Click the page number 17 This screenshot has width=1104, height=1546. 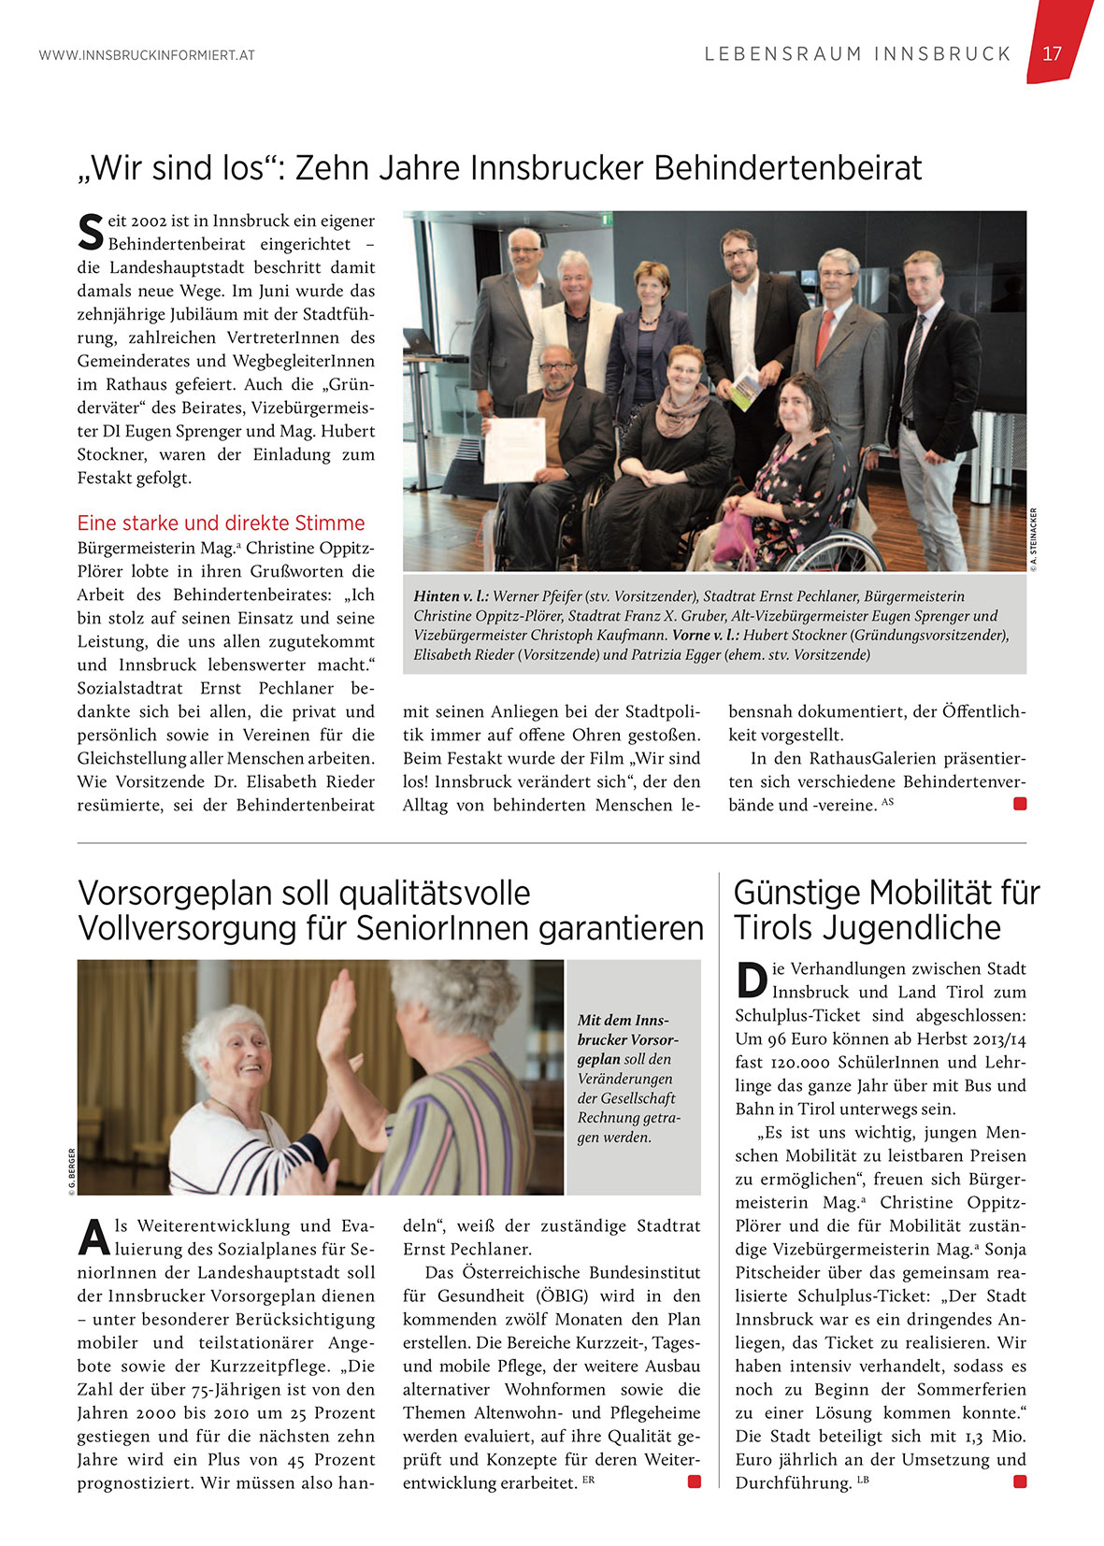click(x=1052, y=53)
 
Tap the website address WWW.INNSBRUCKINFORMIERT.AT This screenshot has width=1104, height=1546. click(x=147, y=55)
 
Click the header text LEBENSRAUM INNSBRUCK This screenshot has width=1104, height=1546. click(x=857, y=54)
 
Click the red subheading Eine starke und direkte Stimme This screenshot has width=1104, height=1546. click(x=221, y=523)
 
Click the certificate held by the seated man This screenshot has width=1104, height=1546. click(x=514, y=450)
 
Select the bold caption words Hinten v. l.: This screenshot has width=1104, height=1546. click(x=451, y=596)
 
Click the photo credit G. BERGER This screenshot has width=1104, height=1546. click(x=71, y=1172)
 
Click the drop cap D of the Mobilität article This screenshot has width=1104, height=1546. click(x=751, y=980)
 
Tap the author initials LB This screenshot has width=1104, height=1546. click(x=863, y=1480)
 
